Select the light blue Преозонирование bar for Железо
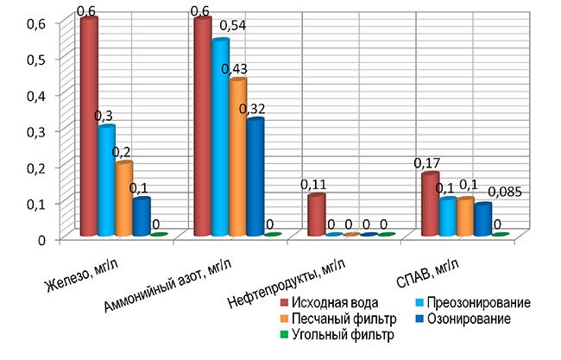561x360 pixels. (106, 180)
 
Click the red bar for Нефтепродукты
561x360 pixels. (317, 215)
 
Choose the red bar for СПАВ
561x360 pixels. (430, 204)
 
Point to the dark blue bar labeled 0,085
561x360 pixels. (482, 219)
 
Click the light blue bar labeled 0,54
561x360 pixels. (220, 137)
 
